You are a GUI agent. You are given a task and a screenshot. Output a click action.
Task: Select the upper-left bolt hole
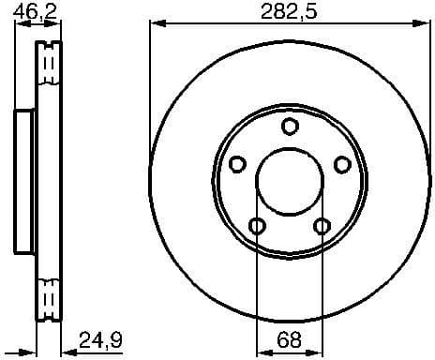tap(237, 165)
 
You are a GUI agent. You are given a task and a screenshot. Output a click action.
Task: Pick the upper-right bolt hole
tap(343, 165)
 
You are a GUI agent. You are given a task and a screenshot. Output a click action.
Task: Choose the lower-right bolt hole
tap(322, 226)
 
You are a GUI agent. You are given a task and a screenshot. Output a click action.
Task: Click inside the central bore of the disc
tap(291, 182)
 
